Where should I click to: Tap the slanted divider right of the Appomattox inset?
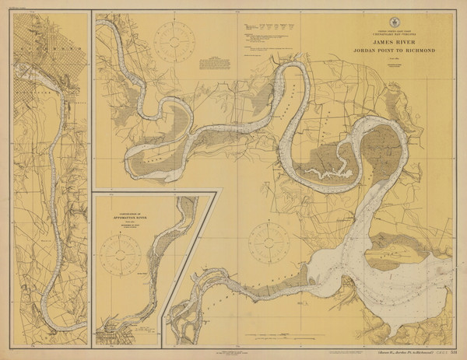(187, 257)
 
